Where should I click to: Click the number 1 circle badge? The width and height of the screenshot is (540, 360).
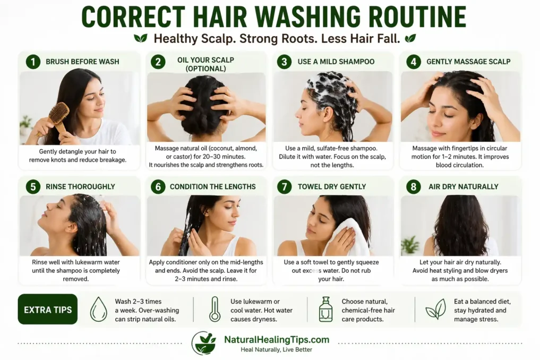(x=33, y=62)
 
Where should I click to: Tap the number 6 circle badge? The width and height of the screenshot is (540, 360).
(x=158, y=186)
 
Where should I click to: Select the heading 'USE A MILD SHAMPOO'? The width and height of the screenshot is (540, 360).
(x=336, y=62)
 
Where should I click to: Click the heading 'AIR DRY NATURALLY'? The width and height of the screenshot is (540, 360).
(x=463, y=186)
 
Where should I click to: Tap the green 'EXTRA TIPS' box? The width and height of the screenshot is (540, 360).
(x=48, y=310)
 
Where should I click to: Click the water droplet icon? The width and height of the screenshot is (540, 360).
(x=99, y=309)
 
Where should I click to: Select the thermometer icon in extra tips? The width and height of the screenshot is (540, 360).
(x=215, y=309)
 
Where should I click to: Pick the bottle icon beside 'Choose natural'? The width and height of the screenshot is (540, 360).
(x=325, y=309)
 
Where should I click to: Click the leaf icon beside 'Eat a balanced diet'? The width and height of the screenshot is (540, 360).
(x=435, y=309)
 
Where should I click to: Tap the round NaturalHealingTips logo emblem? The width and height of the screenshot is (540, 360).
(x=204, y=343)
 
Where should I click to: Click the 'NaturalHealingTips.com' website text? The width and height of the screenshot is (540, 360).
(x=277, y=340)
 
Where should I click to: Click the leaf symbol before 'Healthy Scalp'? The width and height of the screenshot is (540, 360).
(x=141, y=38)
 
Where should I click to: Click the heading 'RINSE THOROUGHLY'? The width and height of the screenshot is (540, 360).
(x=80, y=186)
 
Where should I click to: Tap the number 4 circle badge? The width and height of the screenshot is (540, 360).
(x=413, y=62)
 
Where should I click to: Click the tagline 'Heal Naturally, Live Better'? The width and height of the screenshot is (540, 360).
(x=276, y=350)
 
